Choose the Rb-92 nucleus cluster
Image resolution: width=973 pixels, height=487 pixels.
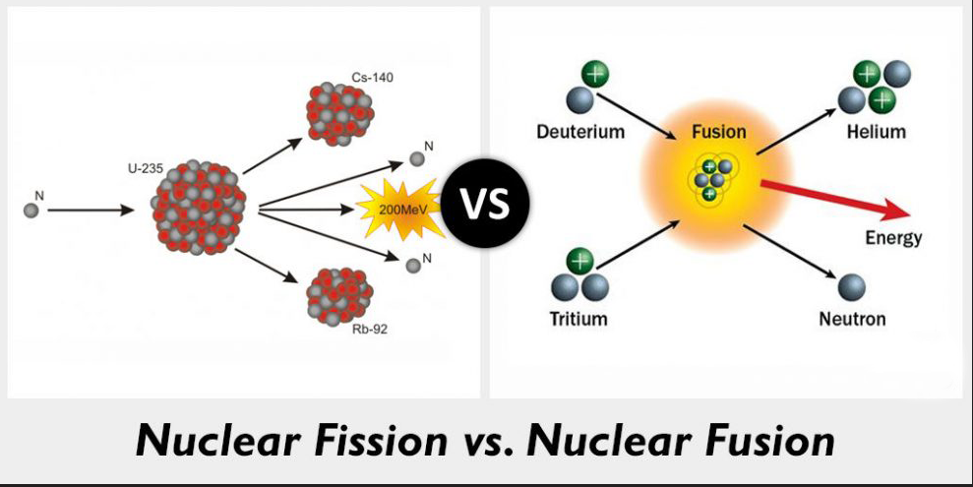coord(339,292)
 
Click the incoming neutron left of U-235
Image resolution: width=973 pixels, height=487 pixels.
coord(31,210)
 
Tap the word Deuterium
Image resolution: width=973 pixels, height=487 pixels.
coord(580,132)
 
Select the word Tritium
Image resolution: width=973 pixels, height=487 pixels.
coord(578,319)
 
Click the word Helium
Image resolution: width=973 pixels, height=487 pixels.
coord(876,132)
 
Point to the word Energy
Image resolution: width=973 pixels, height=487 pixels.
coord(893,238)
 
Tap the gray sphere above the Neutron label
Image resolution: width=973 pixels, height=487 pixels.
coord(852,288)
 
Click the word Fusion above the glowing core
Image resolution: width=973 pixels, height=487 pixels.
coord(718,132)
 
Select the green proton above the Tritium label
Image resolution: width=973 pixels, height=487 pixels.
coord(579,262)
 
